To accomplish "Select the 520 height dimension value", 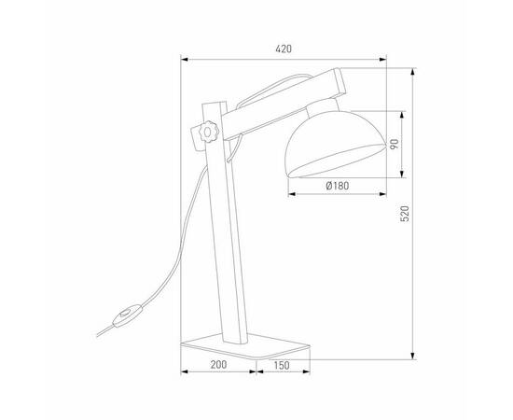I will [405, 213].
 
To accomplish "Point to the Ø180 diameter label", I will [338, 186].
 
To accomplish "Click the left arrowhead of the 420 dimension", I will [183, 61].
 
